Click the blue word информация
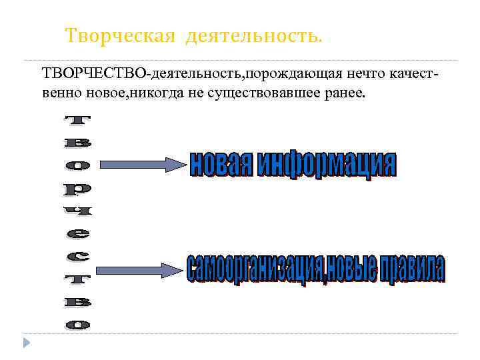tap(327, 164)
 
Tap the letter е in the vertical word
tap(77, 233)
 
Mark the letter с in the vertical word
tap(77, 256)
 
